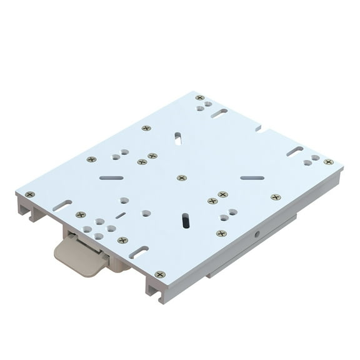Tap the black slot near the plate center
point(185,220)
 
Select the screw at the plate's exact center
point(181,178)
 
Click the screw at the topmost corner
point(199,97)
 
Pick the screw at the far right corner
point(328,162)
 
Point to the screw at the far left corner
point(30,194)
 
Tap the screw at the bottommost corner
point(160,274)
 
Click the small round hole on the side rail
point(257,235)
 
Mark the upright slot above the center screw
point(178,138)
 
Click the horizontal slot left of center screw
point(111,177)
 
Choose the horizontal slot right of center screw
point(252,178)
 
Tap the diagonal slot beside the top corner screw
point(219,113)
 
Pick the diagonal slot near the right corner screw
point(295,151)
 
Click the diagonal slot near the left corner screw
point(62,205)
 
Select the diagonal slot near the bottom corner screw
point(139,252)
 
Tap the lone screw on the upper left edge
point(146,128)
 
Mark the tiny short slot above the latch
point(121,215)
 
